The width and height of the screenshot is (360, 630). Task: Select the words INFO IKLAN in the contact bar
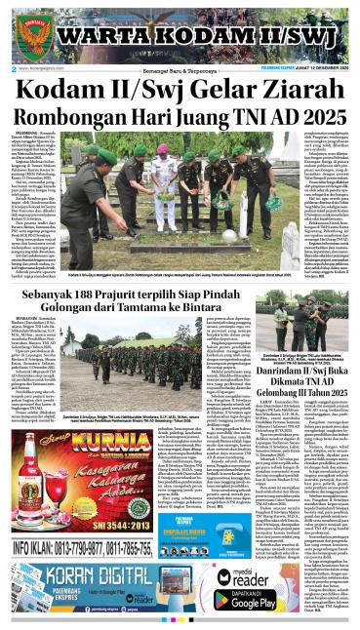point(36,548)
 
